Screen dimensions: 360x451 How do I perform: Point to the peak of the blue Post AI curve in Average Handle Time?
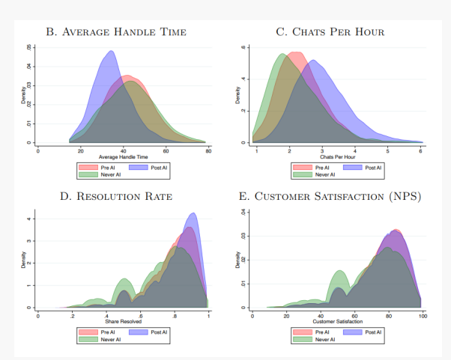(x=111, y=52)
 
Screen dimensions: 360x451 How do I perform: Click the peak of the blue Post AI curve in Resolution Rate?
(x=193, y=213)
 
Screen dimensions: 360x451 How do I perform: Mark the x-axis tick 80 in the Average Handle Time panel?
(x=208, y=151)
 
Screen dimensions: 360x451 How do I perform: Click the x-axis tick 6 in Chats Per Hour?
(x=421, y=151)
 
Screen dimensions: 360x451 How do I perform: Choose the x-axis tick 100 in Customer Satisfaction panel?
(x=423, y=317)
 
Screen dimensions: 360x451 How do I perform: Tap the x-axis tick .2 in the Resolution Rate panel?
(x=73, y=317)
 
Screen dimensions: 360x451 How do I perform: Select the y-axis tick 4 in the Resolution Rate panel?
(x=28, y=219)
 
